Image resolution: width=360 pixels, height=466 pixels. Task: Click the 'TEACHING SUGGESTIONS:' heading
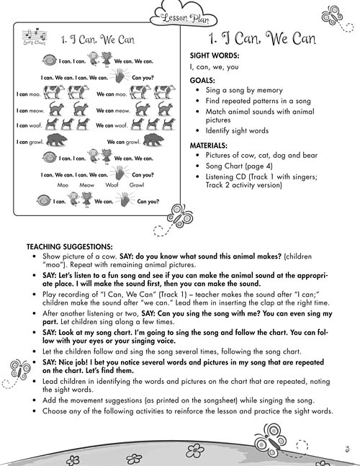[x=69, y=246]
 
